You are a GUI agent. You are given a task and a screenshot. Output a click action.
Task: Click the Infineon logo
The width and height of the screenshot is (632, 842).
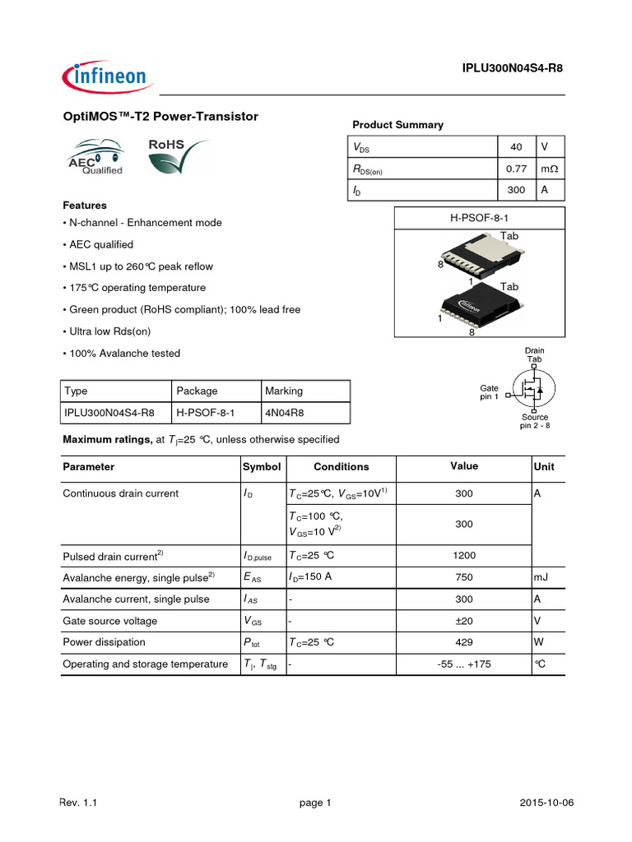coord(105,77)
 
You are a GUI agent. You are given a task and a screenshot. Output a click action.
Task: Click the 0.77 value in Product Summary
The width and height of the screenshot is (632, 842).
coord(516,169)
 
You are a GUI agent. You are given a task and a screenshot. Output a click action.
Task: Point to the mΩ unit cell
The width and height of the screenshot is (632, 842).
coord(550,169)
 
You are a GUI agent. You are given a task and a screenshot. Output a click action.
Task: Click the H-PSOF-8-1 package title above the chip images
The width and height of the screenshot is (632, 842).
coord(479,217)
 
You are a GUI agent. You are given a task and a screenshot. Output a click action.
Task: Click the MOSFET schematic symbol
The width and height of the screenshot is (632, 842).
coord(529,388)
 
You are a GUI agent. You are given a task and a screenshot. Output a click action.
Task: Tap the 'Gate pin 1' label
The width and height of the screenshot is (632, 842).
coord(490,392)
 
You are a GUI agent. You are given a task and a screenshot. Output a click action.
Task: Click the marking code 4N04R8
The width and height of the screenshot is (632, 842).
coord(283,413)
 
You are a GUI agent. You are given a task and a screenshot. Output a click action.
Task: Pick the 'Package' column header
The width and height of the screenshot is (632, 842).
coord(197,391)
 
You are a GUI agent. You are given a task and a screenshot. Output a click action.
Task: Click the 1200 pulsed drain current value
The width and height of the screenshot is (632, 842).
coord(464,556)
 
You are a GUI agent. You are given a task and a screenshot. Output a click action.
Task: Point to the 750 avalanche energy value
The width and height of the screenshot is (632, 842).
coord(464,577)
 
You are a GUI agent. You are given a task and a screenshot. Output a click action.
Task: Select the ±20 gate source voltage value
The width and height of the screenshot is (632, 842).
coord(464,621)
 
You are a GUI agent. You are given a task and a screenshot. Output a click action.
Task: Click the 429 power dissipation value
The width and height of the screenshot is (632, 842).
coord(464,642)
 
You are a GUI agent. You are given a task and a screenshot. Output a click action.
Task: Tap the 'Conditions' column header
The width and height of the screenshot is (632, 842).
coord(341,467)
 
